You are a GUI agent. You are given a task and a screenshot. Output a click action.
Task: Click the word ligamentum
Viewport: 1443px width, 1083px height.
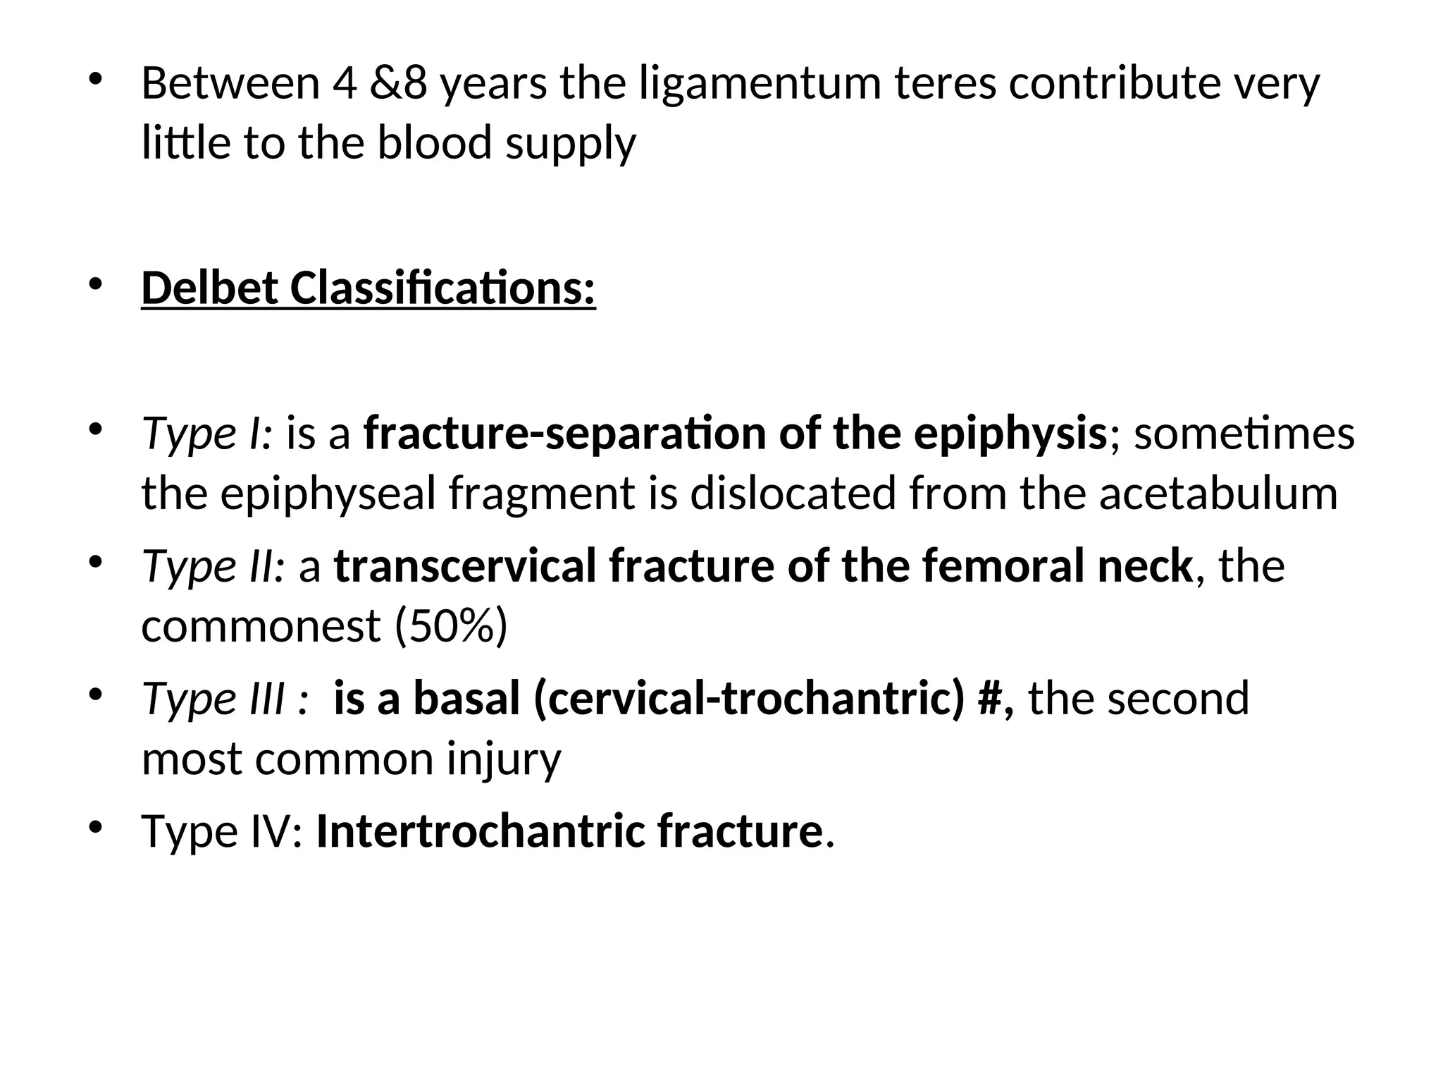760,85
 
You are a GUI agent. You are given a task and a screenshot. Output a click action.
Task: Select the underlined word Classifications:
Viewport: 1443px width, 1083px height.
442,289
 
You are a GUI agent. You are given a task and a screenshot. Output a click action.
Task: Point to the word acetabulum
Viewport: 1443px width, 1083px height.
1218,494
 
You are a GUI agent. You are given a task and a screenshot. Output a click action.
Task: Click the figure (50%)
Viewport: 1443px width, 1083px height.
451,626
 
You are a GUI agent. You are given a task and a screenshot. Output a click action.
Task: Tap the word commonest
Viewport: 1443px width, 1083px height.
261,626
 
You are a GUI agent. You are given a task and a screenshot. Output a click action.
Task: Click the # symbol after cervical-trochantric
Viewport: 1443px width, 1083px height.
989,699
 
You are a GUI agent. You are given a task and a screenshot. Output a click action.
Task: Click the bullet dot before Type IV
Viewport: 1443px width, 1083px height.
96,826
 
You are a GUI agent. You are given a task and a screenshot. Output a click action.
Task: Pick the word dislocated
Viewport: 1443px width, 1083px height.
793,494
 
